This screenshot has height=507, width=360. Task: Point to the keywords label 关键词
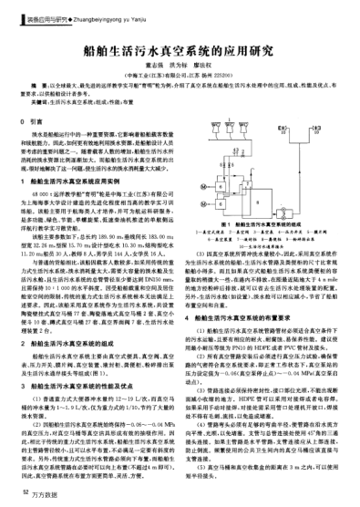coord(37,102)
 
